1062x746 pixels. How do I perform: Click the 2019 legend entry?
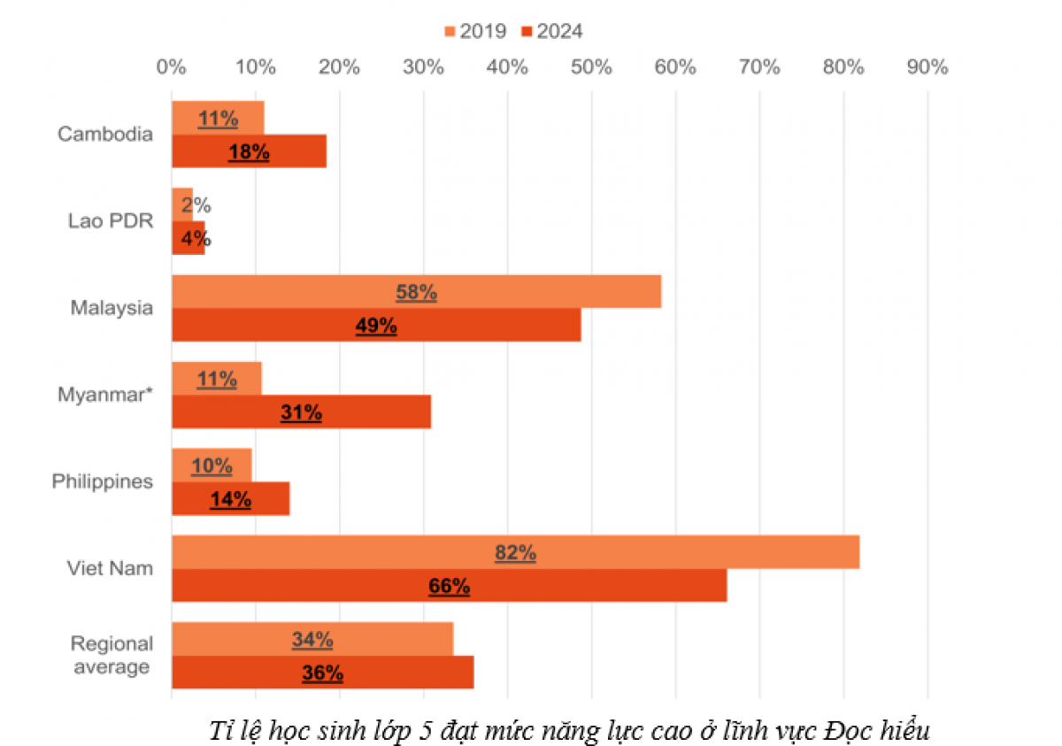(475, 32)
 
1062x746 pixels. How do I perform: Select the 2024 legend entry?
(553, 32)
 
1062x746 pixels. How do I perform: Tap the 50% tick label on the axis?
(591, 66)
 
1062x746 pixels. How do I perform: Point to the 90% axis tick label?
(927, 66)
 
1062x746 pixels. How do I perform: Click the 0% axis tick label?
(171, 66)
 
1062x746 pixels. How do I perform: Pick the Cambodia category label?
(105, 135)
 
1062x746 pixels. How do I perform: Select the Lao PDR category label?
(111, 221)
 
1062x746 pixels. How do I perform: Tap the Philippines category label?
(103, 481)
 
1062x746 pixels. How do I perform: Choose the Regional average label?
(112, 655)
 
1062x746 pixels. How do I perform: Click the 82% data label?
(515, 553)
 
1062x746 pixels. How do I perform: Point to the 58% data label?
(416, 292)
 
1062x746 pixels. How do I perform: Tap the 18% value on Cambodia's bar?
(249, 152)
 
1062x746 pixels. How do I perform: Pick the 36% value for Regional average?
(322, 673)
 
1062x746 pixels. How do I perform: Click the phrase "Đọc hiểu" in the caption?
(876, 731)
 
